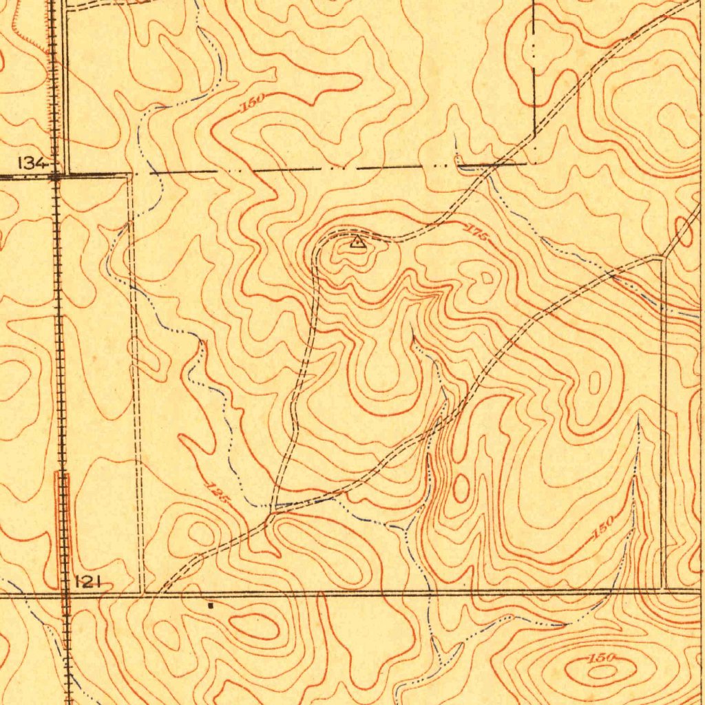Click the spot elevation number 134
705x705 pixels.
32,162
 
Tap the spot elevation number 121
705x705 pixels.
87,582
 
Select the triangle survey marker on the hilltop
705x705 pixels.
357,241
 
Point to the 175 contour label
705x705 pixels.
476,232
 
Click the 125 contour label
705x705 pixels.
218,494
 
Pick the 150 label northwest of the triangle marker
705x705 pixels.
253,103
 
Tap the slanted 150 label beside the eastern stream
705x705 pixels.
602,527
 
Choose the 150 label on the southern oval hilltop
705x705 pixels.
602,658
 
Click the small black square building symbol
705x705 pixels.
211,606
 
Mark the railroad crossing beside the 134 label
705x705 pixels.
56,176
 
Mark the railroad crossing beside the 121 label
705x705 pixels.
65,591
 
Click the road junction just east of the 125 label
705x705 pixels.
273,511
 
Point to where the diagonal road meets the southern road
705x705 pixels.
160,591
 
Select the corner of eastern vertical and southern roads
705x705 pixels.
664,589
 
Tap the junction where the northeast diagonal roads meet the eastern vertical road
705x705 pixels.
662,258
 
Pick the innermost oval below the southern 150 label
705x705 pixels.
600,670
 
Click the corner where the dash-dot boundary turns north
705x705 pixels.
535,164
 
